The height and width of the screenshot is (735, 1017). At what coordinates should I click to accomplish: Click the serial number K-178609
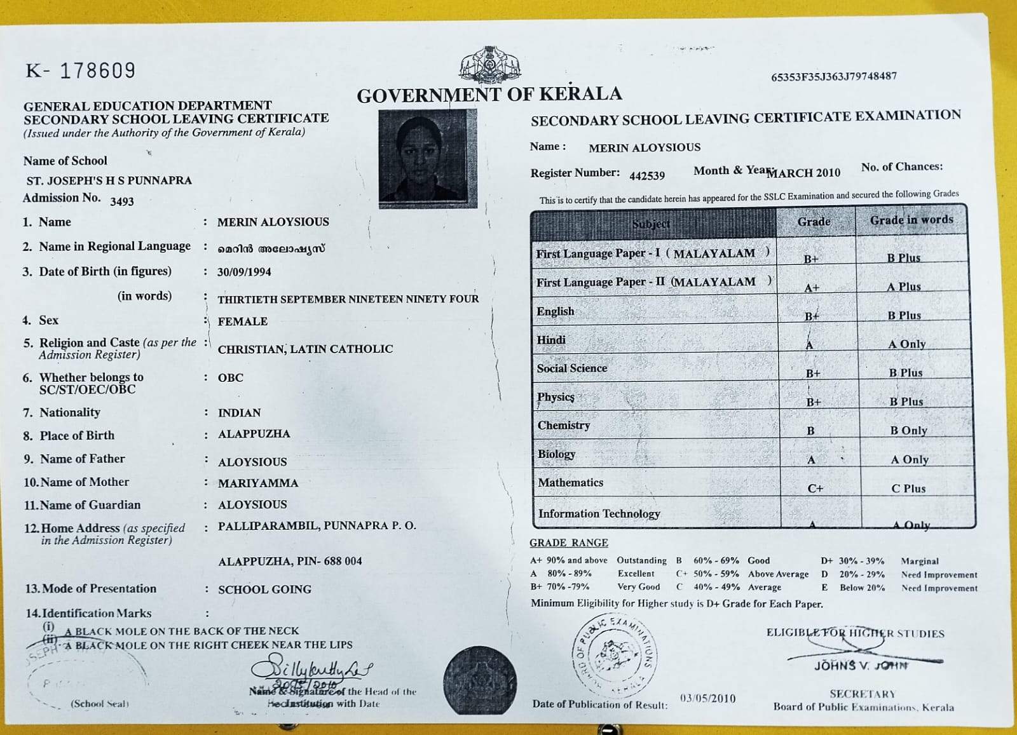point(81,70)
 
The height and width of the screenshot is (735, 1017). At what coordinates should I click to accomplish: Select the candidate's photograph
point(427,158)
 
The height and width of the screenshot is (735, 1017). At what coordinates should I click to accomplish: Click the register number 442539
point(646,175)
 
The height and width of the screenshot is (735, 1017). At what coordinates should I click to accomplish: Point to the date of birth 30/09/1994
point(244,272)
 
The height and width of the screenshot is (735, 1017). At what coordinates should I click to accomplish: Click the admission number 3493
point(122,201)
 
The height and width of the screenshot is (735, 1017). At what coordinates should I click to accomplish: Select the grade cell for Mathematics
point(815,488)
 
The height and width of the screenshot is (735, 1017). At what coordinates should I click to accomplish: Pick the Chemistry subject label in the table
point(564,425)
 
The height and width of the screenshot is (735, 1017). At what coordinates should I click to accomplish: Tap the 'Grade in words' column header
point(911,220)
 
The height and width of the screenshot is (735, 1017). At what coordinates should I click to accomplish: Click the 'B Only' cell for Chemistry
point(908,430)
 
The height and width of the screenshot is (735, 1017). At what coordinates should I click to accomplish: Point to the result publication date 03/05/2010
point(707,698)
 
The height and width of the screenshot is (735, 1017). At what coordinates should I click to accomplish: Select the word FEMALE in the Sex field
point(242,321)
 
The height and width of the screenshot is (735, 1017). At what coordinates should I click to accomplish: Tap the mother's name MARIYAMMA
point(257,483)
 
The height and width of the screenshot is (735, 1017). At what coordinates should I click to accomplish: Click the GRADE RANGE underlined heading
point(568,543)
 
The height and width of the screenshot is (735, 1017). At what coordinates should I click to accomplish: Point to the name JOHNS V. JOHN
point(861,665)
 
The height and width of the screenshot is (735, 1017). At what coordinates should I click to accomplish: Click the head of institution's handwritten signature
point(311,670)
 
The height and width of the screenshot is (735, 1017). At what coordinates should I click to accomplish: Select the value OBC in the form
point(230,377)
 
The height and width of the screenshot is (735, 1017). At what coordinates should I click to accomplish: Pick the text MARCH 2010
point(804,173)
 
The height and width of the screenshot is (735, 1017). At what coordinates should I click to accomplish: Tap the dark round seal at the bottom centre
point(479,680)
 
